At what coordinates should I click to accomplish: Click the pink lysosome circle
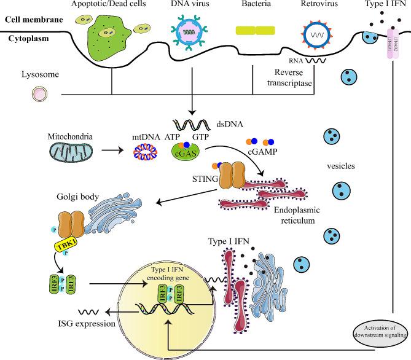click(x=41, y=94)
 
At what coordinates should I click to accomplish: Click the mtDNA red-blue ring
click(x=144, y=152)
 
